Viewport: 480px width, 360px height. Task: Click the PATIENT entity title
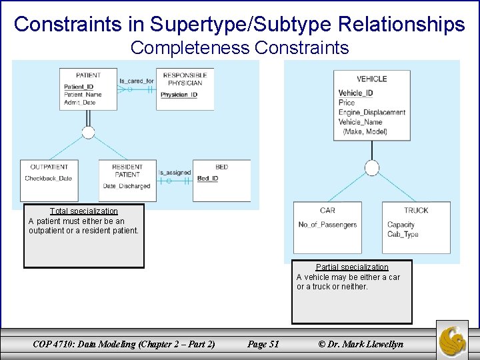click(88, 75)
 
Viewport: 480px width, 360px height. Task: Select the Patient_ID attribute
click(79, 87)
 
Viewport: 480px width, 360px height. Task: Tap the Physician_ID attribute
click(179, 95)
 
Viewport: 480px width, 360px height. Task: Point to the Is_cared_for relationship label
click(137, 81)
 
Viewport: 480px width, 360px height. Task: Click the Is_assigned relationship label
click(175, 173)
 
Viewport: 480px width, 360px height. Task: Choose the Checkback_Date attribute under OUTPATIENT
click(48, 179)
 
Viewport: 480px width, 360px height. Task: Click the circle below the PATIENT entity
click(88, 132)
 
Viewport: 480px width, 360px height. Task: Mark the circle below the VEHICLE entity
click(372, 167)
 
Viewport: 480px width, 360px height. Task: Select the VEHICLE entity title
click(371, 79)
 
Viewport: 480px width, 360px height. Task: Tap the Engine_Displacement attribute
click(371, 113)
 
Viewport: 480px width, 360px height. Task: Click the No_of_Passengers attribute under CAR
click(327, 225)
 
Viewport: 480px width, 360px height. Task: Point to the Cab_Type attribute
click(403, 235)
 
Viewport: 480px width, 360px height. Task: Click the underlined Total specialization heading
click(84, 211)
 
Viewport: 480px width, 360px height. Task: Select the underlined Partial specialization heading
click(352, 267)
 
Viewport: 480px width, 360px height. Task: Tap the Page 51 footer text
click(263, 344)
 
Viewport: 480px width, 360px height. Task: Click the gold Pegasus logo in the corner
click(456, 339)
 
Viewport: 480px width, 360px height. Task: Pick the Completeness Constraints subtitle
click(239, 48)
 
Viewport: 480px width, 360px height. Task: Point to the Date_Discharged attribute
click(127, 186)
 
